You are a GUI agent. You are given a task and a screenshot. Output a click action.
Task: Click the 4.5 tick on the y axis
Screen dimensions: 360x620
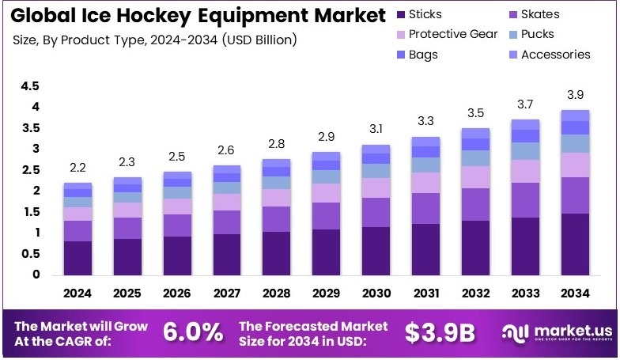30,85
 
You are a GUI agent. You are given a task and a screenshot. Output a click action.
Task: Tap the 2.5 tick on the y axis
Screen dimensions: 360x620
30,169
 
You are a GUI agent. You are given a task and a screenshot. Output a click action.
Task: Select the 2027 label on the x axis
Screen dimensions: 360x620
226,294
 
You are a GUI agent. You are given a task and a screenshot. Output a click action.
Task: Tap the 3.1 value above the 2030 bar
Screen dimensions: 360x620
376,129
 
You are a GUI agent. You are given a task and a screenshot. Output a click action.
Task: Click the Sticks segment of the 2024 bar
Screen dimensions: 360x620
77,258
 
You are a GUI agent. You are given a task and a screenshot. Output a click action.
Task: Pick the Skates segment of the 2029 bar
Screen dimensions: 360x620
327,215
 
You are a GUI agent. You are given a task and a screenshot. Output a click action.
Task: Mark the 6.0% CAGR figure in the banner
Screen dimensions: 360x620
193,332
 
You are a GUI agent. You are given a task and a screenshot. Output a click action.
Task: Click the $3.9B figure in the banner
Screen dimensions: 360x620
439,333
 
